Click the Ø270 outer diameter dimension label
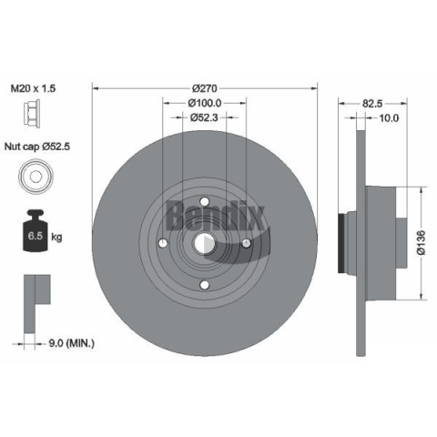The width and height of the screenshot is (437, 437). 205,88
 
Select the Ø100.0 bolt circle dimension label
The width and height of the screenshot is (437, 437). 205,103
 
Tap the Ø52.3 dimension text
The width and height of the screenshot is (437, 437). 204,117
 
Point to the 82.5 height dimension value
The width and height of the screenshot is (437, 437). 372,104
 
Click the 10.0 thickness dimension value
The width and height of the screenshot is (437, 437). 389,117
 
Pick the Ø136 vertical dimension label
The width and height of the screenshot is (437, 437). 422,242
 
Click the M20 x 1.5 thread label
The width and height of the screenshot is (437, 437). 34,88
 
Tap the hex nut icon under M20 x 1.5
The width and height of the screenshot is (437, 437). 32,115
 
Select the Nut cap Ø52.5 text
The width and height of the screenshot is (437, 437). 37,147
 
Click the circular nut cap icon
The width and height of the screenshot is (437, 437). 36,176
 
